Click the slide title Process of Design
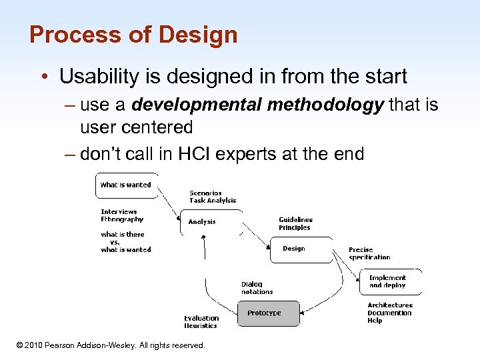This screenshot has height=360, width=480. (133, 35)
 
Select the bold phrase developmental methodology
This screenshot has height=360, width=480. (257, 105)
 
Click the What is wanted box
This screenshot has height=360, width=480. (125, 185)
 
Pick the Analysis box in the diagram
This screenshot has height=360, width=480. (202, 222)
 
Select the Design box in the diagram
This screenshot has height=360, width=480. (293, 249)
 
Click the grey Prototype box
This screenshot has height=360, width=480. (265, 313)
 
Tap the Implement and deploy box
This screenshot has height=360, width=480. (387, 281)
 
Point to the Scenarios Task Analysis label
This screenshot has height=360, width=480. (213, 197)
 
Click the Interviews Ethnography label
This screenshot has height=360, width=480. (122, 215)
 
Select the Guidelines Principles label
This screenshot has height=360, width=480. (295, 223)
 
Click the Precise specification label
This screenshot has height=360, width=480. (369, 253)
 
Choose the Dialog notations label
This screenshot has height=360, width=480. (257, 287)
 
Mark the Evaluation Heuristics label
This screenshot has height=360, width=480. (201, 322)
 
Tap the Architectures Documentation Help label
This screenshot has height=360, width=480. (389, 313)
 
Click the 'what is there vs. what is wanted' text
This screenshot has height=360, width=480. (126, 242)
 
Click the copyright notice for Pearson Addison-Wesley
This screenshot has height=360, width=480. (111, 345)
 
